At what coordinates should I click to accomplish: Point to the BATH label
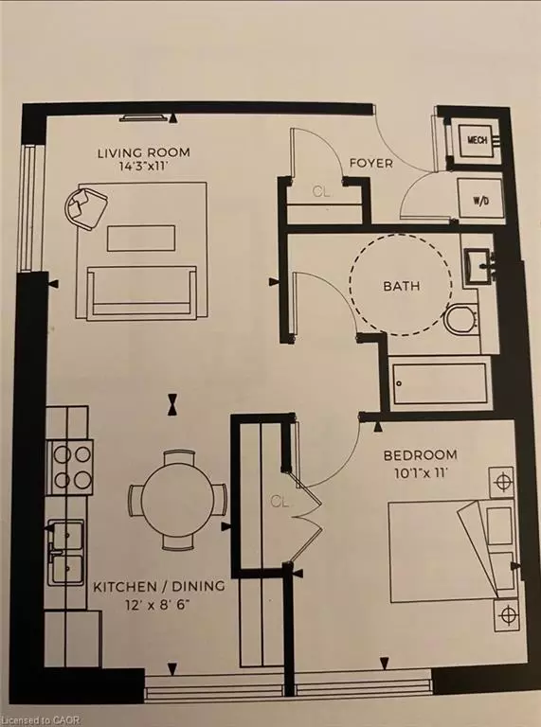(402, 286)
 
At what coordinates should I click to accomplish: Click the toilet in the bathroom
(461, 320)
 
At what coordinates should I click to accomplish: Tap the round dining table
(177, 499)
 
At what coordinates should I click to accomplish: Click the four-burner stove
(72, 467)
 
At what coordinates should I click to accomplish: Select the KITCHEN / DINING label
(158, 586)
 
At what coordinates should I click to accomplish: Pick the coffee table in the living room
(141, 238)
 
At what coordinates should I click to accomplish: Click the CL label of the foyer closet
(321, 191)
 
